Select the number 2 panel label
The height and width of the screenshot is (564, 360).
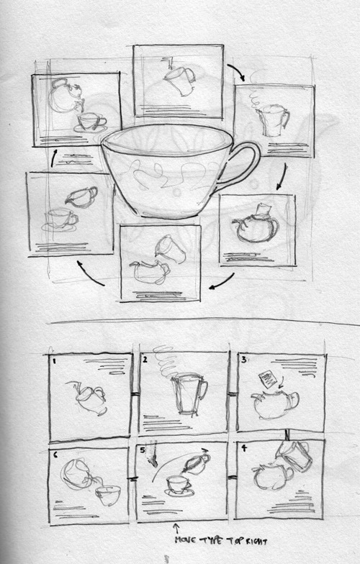pos(145,360)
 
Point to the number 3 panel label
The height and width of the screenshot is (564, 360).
pos(243,360)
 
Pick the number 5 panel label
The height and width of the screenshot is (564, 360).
pos(143,450)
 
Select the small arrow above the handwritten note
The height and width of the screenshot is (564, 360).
pos(176,528)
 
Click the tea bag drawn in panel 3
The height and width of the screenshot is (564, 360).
pos(266,378)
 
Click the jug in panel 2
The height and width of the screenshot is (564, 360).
pos(189,394)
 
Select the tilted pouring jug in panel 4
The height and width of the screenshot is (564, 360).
pos(294,456)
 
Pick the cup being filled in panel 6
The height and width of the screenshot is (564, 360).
pos(108,495)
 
